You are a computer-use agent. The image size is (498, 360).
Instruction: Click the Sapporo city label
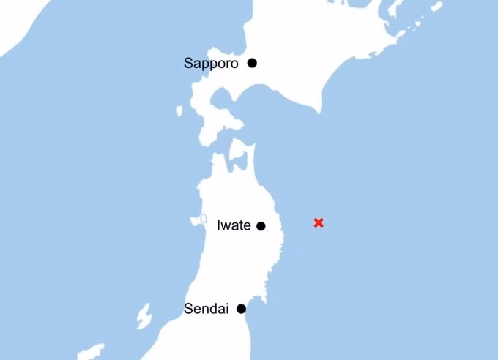pos(211,64)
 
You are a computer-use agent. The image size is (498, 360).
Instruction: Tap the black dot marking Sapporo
pos(252,63)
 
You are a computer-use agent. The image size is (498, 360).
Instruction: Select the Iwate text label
pos(234,226)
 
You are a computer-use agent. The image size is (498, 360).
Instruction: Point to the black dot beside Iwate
pos(260,226)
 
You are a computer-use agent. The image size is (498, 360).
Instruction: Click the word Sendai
pos(206,309)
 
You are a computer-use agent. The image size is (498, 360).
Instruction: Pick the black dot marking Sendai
pos(241,309)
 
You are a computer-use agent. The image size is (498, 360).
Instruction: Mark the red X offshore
pos(319,222)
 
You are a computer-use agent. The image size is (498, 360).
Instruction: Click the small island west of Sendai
pos(144,316)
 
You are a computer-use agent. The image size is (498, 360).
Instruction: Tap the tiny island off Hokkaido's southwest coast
pos(179,111)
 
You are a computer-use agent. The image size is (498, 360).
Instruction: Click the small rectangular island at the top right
pos(436,7)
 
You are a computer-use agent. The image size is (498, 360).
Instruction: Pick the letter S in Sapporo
pos(188,64)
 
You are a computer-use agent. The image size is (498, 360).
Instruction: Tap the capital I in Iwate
pos(219,226)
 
